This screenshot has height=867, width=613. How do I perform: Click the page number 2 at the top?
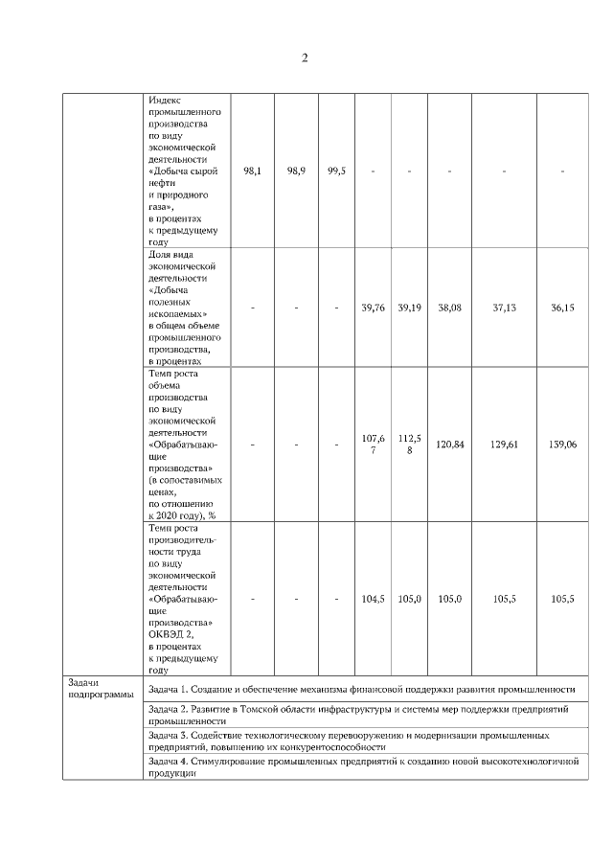(x=305, y=58)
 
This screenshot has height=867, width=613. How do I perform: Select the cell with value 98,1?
(x=253, y=171)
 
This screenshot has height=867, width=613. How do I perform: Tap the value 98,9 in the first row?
(x=296, y=171)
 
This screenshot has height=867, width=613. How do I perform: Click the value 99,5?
(x=336, y=171)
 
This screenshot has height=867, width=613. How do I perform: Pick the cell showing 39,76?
(x=373, y=308)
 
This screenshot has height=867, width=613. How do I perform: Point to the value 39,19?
(x=409, y=308)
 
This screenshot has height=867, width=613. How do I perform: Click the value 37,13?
(x=504, y=308)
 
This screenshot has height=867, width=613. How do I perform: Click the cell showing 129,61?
(x=504, y=445)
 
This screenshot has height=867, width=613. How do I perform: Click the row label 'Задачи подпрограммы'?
(x=95, y=688)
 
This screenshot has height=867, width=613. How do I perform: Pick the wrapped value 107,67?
(x=373, y=445)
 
